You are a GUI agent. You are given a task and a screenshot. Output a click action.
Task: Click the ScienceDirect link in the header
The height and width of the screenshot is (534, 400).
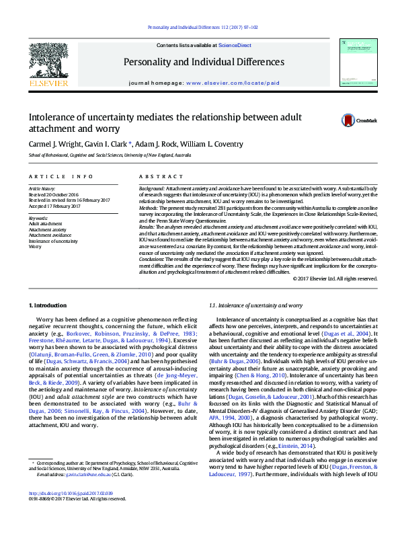point(235,45)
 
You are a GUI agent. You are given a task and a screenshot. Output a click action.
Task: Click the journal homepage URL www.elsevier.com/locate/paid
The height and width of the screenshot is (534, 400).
point(232,83)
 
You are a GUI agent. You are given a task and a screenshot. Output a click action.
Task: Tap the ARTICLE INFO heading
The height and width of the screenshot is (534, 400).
point(61,177)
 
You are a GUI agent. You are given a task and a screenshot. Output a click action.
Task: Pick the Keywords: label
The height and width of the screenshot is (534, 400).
point(38,219)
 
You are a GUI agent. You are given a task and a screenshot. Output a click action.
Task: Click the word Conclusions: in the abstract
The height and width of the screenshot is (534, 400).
point(151,260)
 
